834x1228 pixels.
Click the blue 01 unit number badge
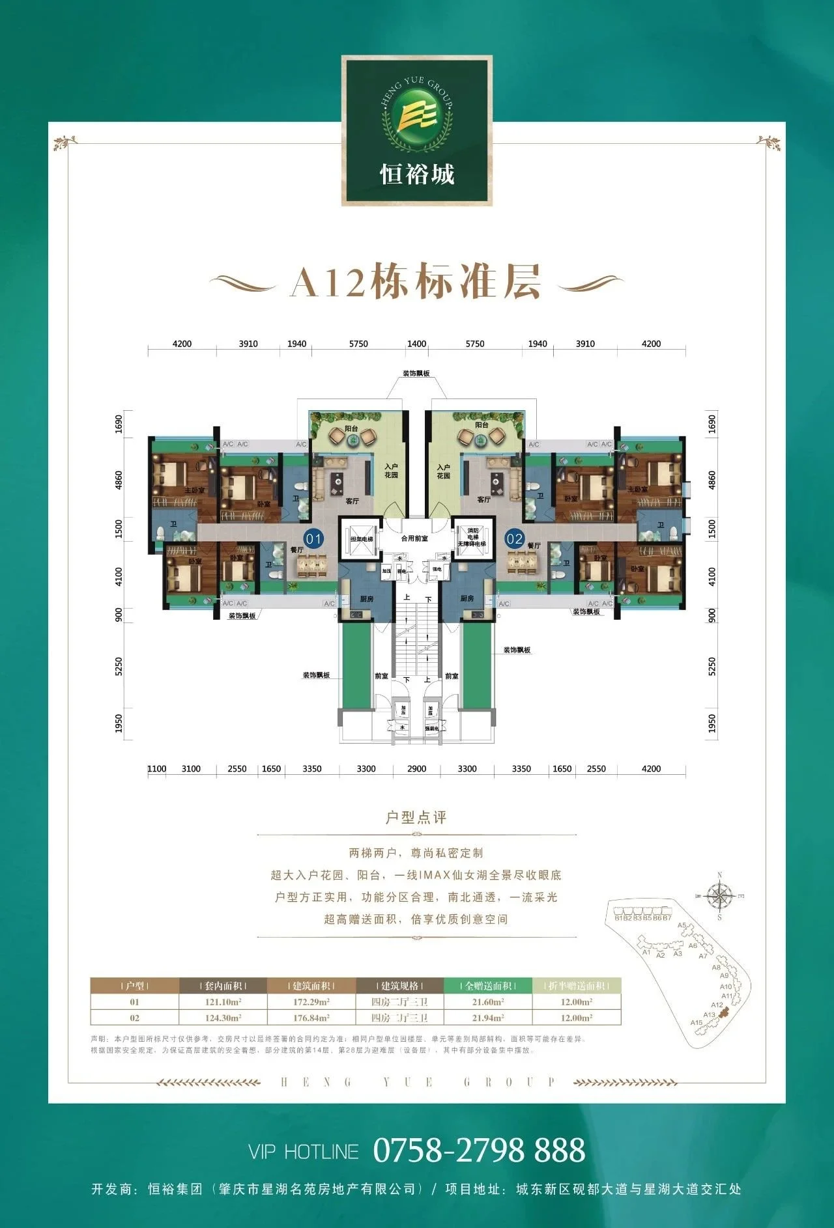click(314, 538)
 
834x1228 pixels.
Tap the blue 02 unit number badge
click(515, 538)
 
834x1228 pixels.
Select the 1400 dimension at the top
click(416, 344)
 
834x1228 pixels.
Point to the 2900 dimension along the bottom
click(416, 768)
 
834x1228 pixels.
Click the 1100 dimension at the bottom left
click(156, 768)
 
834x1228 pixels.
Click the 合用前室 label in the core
click(414, 538)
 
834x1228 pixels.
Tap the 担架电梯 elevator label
click(362, 539)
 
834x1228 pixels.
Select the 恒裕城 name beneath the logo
click(417, 174)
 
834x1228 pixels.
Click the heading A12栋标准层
click(416, 282)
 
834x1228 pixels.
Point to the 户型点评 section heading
click(416, 818)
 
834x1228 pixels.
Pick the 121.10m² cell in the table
click(223, 1002)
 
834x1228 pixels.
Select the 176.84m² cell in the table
click(311, 1018)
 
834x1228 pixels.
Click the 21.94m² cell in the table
click(487, 1018)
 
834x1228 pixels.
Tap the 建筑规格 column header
click(399, 986)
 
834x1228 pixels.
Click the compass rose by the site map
click(719, 897)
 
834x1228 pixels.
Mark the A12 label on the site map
click(717, 1005)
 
